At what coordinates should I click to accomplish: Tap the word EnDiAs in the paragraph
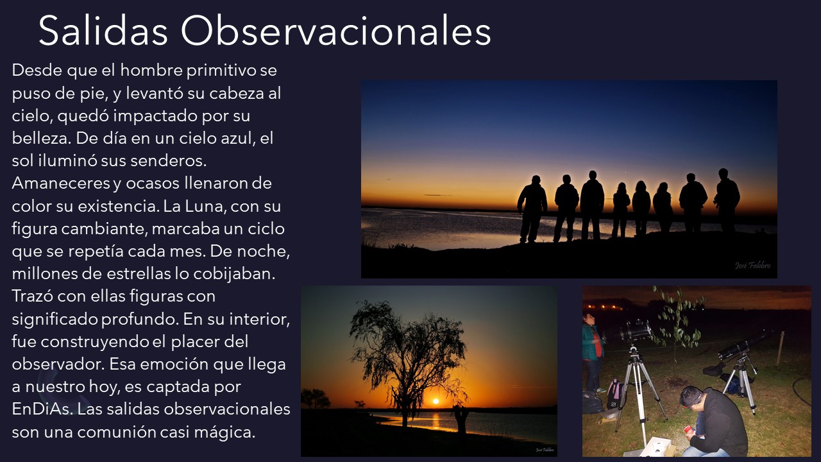coord(40,409)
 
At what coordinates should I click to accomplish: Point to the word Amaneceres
coord(61,184)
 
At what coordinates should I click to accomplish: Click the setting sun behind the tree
coord(436,401)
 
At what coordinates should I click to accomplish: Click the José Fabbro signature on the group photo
coord(752,265)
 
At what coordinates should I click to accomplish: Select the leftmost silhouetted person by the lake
coord(532,209)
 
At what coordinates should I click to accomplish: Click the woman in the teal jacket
coord(592,353)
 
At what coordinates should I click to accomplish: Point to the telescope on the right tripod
coord(744,345)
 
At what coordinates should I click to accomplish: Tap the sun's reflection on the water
coord(436,420)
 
